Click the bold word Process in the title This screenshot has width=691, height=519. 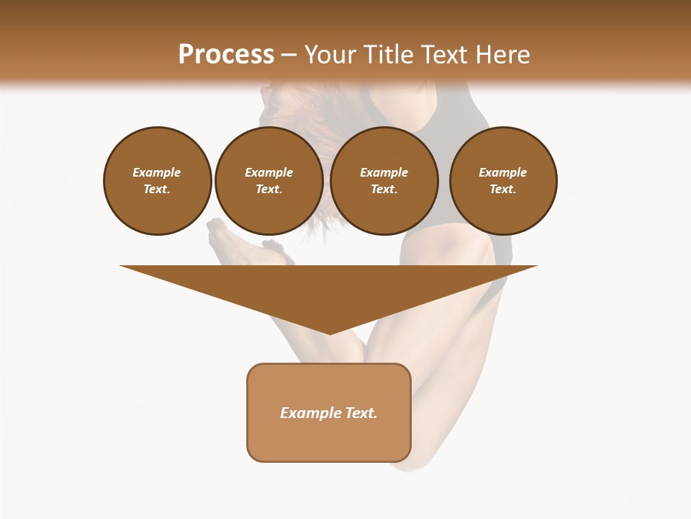click(x=226, y=55)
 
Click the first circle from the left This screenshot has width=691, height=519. click(x=157, y=181)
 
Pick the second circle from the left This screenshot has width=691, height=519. click(x=268, y=181)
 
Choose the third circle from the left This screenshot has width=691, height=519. click(x=384, y=181)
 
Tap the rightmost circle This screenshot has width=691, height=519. click(x=502, y=181)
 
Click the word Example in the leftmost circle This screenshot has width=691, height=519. click(x=157, y=172)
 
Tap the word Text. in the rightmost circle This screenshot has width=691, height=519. click(x=502, y=190)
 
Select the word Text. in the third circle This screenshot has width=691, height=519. click(x=384, y=190)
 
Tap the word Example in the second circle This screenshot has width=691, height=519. click(x=268, y=172)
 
